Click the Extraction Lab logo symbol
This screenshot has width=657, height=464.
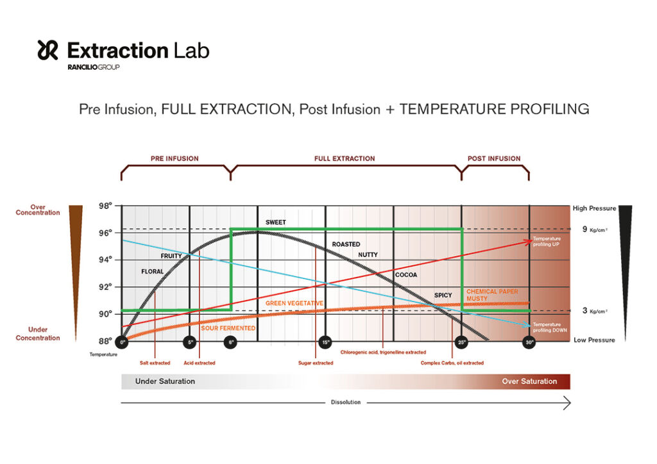(48, 50)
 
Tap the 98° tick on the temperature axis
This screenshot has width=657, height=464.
(105, 206)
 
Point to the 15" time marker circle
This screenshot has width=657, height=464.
(325, 342)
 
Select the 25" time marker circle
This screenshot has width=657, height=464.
(462, 342)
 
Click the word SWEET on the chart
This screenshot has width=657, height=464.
(276, 222)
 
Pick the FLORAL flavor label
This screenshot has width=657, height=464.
(153, 272)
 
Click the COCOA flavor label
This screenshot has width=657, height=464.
(405, 275)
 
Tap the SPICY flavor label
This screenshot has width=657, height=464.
(443, 295)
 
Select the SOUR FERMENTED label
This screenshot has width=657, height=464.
(228, 328)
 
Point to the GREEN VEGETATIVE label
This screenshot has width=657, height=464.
(294, 302)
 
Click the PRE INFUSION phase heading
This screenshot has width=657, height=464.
(175, 158)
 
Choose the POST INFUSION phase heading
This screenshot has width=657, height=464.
(494, 158)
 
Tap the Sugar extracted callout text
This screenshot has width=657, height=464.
(316, 363)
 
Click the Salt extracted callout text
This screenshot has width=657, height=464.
(155, 363)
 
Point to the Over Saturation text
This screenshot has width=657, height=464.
(529, 381)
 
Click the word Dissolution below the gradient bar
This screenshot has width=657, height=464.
(346, 402)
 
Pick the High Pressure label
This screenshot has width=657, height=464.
(594, 208)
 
